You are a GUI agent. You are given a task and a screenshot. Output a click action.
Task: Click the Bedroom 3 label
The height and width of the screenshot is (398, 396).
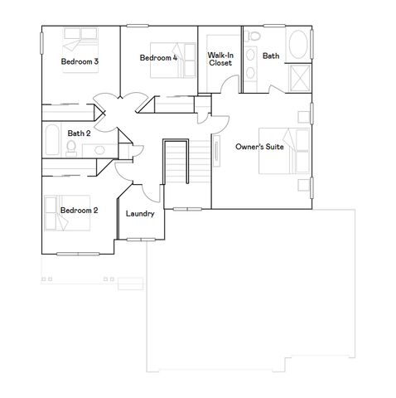pyautogui.click(x=80, y=61)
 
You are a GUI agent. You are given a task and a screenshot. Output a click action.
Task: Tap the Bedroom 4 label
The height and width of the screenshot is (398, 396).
pyautogui.click(x=158, y=58)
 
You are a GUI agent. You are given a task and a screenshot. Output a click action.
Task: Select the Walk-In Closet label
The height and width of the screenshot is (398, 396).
pyautogui.click(x=220, y=58)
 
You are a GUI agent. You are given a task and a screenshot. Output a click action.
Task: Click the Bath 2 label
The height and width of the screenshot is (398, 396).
pyautogui.click(x=79, y=133)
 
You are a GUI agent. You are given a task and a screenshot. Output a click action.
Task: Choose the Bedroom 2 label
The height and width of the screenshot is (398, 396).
pyautogui.click(x=80, y=211)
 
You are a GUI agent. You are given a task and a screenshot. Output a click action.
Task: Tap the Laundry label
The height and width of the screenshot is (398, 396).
pyautogui.click(x=140, y=213)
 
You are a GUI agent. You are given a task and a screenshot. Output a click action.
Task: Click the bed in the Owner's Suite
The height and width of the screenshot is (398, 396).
pyautogui.click(x=277, y=151)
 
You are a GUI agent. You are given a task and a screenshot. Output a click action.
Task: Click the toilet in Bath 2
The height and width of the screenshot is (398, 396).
pyautogui.click(x=72, y=148)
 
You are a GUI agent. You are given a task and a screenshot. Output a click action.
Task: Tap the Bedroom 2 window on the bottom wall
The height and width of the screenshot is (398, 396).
pyautogui.click(x=77, y=253)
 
